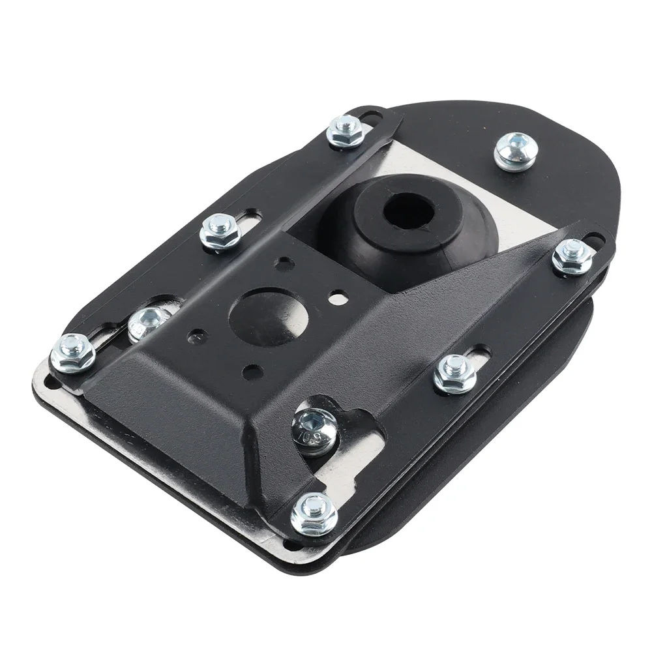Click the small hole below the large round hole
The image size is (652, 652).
point(251,373)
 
